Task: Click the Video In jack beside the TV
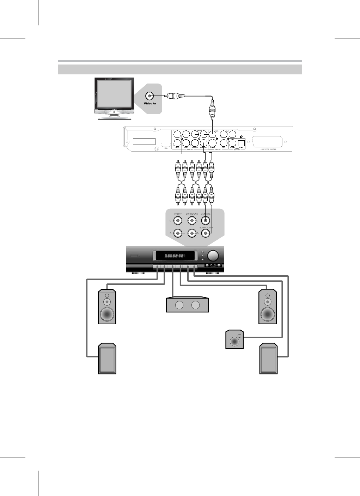[150, 96]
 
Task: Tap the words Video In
[150, 104]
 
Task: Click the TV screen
[115, 93]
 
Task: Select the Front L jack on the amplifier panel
[178, 221]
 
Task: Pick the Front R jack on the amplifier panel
[178, 233]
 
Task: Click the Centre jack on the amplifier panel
[206, 221]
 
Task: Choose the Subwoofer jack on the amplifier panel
[206, 233]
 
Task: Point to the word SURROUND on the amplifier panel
[192, 214]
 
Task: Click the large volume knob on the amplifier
[213, 256]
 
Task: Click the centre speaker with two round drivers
[187, 305]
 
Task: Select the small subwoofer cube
[234, 339]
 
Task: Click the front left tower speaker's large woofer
[107, 314]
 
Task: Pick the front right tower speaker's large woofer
[268, 313]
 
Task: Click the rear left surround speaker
[107, 359]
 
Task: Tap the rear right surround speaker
[268, 359]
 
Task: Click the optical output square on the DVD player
[242, 143]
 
